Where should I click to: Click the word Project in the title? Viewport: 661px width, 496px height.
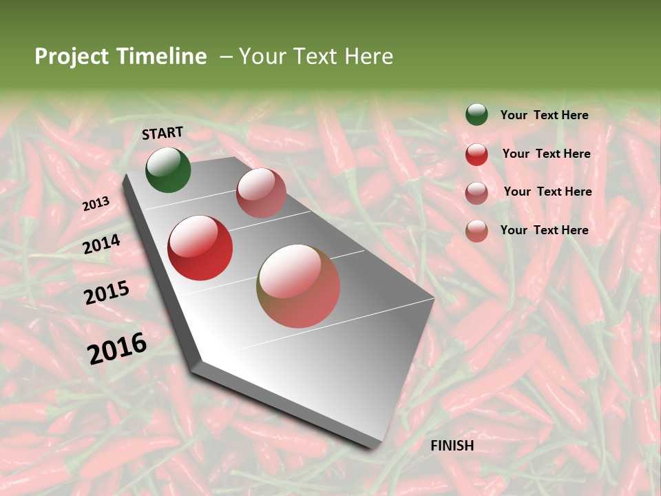(x=70, y=56)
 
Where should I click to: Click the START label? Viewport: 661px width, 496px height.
(x=162, y=133)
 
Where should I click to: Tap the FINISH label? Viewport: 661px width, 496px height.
(x=452, y=446)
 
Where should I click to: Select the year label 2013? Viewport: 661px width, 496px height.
(x=96, y=204)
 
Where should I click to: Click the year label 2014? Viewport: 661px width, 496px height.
(x=102, y=244)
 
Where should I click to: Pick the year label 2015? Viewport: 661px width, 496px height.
(x=107, y=293)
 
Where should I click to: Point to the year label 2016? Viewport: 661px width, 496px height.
(x=117, y=348)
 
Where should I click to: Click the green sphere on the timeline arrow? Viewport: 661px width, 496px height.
(x=168, y=169)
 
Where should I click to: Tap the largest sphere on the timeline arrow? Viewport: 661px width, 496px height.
(x=298, y=285)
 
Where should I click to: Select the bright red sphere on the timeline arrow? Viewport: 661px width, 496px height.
(x=200, y=248)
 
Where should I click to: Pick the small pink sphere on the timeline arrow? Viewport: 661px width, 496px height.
(x=261, y=192)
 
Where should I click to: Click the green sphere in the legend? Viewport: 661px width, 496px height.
(x=476, y=114)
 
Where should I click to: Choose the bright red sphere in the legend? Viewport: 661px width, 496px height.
(x=476, y=154)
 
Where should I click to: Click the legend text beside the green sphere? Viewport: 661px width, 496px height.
(x=544, y=115)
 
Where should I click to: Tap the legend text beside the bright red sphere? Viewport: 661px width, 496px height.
(x=546, y=154)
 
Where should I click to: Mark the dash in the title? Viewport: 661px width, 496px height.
(x=226, y=56)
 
